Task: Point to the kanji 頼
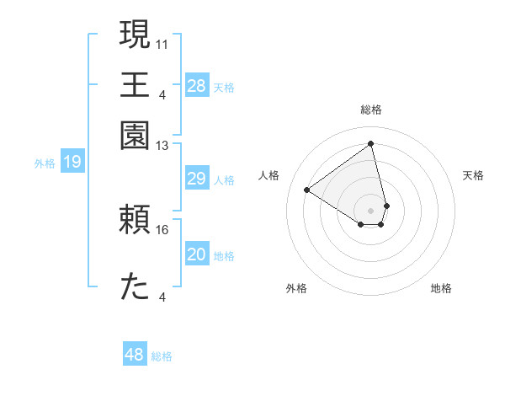tap(135, 221)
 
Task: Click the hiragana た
tap(135, 287)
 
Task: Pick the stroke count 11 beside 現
tap(162, 43)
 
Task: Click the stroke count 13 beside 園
tap(162, 146)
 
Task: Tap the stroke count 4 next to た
tap(162, 297)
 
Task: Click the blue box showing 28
tap(196, 86)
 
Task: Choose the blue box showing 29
tap(196, 179)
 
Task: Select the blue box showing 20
tap(196, 254)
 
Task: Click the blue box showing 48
tap(134, 355)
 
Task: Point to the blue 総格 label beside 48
tap(162, 356)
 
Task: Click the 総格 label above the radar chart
tap(370, 110)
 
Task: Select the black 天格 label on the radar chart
tap(473, 175)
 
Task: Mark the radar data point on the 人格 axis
tap(307, 190)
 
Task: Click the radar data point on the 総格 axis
tap(370, 143)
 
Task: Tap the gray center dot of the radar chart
tap(370, 210)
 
